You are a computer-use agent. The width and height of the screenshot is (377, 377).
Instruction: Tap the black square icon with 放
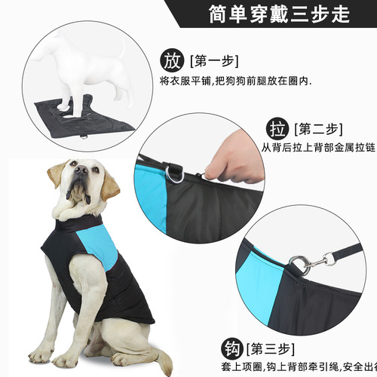(172, 60)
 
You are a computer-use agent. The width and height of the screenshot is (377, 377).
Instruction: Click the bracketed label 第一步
(213, 60)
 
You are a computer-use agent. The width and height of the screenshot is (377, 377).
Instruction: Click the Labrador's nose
(78, 171)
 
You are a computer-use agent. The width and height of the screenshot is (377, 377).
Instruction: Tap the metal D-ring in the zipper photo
(176, 174)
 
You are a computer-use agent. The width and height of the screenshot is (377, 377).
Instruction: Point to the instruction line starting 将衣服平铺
(235, 81)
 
